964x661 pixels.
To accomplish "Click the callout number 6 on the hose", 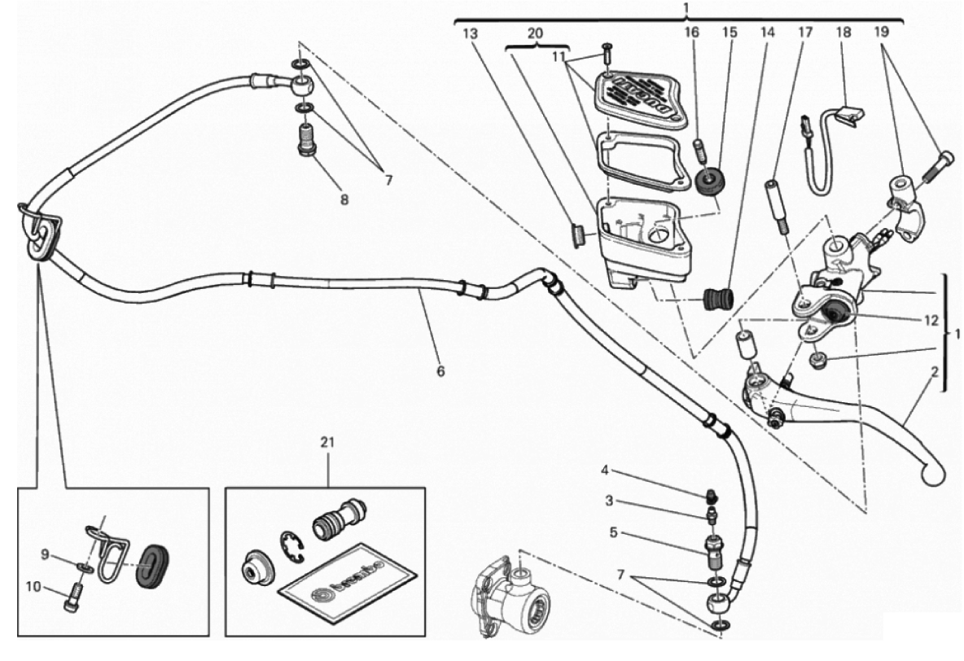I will pyautogui.click(x=440, y=371).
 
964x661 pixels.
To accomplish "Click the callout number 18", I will pyautogui.click(x=843, y=33).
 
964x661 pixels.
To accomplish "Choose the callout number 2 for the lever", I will pyautogui.click(x=935, y=371).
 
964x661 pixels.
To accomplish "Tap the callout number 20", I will pyautogui.click(x=534, y=33).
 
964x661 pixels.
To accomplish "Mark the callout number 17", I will pyautogui.click(x=804, y=33).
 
